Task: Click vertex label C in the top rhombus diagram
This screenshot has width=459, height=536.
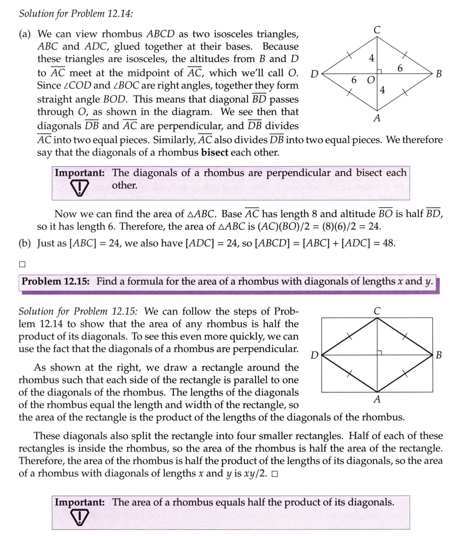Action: click(377, 30)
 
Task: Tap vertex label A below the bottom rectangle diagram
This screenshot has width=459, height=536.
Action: click(377, 399)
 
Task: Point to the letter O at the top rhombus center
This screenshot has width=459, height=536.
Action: click(370, 79)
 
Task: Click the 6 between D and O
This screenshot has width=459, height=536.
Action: click(354, 79)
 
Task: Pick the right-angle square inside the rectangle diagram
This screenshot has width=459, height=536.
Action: click(380, 352)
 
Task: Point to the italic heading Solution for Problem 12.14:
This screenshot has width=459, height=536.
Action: click(76, 13)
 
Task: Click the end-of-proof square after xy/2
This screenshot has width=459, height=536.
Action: click(274, 474)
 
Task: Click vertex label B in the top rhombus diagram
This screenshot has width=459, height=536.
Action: click(439, 74)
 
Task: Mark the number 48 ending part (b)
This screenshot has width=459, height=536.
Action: click(388, 243)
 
